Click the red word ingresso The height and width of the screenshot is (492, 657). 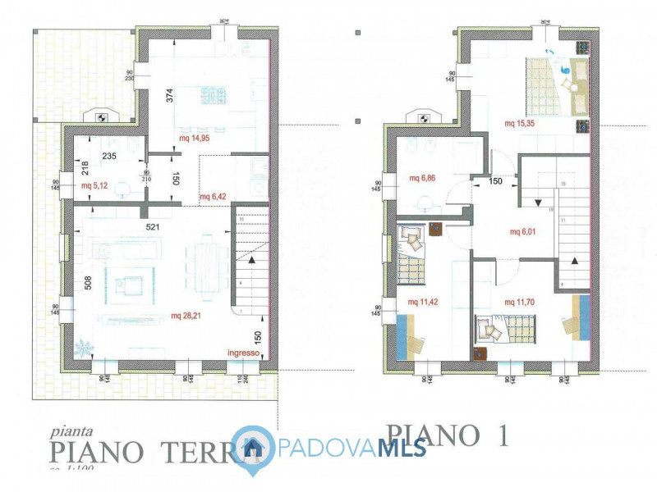tap(245, 353)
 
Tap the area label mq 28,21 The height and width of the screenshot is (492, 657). tap(187, 316)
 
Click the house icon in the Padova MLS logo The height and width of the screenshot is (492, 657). tap(253, 447)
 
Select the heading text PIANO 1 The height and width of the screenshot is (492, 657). tap(448, 436)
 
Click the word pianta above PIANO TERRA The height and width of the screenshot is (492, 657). tap(70, 430)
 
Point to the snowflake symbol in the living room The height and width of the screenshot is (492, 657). tap(83, 348)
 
